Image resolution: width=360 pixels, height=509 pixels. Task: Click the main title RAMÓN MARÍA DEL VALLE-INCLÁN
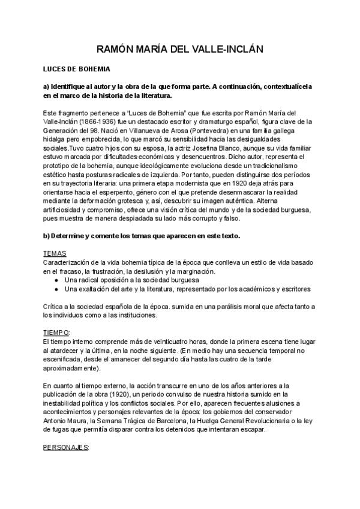coord(180,49)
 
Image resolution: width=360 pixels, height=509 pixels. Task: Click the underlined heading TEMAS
coord(55,254)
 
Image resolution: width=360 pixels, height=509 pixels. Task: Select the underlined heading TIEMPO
coord(56,332)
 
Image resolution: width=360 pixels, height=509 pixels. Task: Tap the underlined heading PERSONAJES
coord(66,447)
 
